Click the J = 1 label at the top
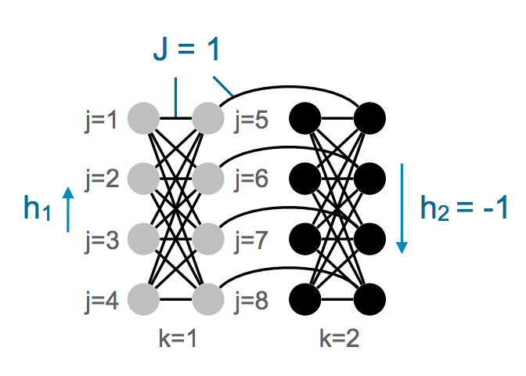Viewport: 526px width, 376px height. tap(186, 49)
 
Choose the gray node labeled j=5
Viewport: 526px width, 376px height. tap(207, 120)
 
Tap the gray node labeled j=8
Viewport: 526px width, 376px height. tap(207, 298)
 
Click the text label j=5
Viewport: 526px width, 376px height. tap(251, 121)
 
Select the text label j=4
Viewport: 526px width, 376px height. tap(101, 299)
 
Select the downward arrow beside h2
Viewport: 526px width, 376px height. tap(402, 208)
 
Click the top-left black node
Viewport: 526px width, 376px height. tap(306, 120)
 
